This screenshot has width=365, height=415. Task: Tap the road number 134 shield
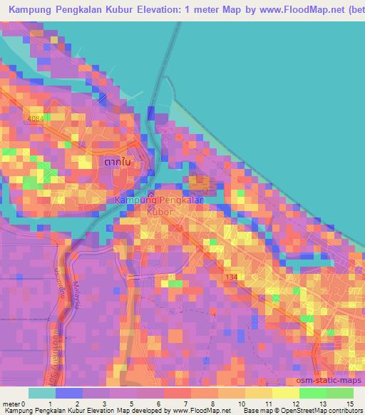[230, 276]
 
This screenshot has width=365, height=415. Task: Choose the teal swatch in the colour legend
[41, 393]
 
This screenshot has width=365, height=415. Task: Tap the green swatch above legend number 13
[312, 393]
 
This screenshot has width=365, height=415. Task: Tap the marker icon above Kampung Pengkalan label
[150, 193]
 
